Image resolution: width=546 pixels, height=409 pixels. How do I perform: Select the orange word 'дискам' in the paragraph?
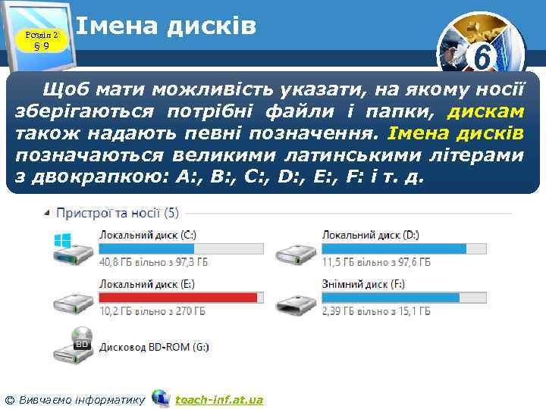[x=485, y=113]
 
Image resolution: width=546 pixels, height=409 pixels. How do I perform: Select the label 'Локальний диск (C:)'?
[x=147, y=236]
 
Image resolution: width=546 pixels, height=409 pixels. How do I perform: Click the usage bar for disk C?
[x=181, y=248]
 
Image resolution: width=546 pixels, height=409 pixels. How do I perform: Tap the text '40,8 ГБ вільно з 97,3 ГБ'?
[x=154, y=262]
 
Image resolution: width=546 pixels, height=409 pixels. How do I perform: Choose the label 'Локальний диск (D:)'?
[x=371, y=236]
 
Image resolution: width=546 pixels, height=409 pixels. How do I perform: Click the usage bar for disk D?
[x=403, y=248]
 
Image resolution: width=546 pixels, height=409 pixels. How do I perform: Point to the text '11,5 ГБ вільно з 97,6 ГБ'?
[x=376, y=262]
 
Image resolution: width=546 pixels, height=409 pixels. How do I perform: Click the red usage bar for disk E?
[x=181, y=297]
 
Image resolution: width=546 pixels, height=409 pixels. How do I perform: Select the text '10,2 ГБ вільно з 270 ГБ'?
[x=152, y=311]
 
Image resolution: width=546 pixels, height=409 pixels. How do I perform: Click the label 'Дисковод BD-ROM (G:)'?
[x=154, y=347]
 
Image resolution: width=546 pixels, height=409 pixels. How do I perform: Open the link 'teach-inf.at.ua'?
[x=219, y=399]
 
